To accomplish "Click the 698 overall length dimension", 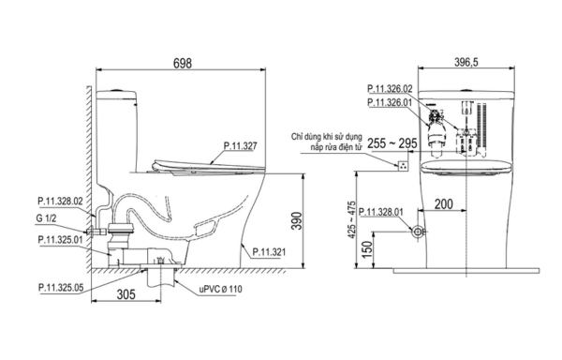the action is coord(183,63).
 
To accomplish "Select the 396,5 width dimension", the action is coord(466,62).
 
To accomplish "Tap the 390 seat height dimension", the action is coord(297,221).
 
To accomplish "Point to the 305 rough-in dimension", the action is coord(126,294).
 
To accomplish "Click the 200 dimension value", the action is coord(444,204).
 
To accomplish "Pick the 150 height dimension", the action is coord(367,250).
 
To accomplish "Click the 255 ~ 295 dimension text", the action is coord(392,143).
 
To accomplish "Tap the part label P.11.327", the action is coord(241,146).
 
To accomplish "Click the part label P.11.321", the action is coord(269,252).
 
